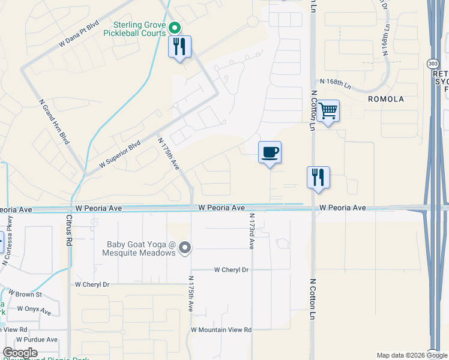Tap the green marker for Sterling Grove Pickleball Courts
coord(175,28)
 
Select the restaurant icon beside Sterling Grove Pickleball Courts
coord(179,47)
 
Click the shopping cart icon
coord(328,111)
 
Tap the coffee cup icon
coord(270,152)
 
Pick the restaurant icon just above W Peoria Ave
coord(318,178)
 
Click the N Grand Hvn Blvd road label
coord(53,121)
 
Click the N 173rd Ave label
coord(252,231)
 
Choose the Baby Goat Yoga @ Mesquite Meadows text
coord(141,248)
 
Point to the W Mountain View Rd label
coord(221,329)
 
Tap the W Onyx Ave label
coord(38,310)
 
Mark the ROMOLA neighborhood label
coord(386,98)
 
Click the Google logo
coord(20,353)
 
